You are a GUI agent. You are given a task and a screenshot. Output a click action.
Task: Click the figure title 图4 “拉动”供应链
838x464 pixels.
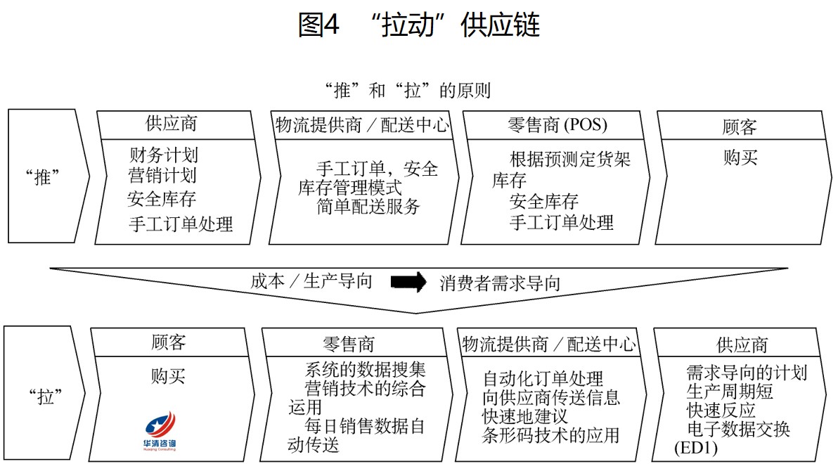click(419, 25)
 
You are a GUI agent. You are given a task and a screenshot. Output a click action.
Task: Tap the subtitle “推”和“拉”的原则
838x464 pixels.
click(408, 91)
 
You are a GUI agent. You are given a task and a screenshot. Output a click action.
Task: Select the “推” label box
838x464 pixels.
click(48, 176)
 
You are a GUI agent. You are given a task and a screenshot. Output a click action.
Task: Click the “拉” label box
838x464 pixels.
click(44, 394)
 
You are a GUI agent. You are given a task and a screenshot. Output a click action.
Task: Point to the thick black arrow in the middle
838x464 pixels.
click(408, 282)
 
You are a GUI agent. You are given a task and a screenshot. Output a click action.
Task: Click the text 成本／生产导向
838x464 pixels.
click(311, 281)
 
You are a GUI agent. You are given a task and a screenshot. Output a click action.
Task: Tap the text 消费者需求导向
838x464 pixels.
click(500, 283)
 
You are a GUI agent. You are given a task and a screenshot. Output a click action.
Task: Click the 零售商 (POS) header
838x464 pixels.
click(557, 125)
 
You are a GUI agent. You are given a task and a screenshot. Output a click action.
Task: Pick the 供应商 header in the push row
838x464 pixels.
click(171, 124)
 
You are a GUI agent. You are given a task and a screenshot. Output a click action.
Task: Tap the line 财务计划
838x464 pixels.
click(164, 155)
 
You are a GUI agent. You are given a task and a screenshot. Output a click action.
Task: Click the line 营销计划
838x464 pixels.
click(162, 175)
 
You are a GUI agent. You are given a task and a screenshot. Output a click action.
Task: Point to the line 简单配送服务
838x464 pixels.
click(368, 207)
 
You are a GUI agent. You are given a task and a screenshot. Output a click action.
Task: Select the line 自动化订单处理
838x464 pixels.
click(543, 378)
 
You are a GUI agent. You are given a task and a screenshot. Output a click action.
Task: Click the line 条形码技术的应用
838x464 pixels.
click(550, 435)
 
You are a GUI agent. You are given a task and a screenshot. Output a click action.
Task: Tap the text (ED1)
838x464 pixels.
click(695, 447)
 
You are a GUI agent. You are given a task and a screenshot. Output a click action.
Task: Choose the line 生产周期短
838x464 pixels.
click(730, 392)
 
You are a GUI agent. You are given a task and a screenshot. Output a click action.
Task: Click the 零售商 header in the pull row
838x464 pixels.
click(349, 344)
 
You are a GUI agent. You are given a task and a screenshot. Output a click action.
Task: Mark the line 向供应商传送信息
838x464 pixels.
click(551, 397)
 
